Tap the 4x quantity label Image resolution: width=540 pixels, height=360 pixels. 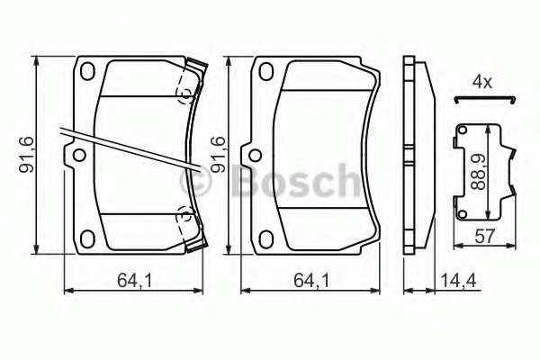click(482, 83)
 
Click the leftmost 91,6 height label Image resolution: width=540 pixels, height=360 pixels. click(28, 154)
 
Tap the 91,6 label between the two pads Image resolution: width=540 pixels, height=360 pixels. click(217, 154)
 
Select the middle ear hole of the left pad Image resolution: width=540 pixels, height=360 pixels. click(78, 156)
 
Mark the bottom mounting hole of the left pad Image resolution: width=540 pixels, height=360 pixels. click(88, 238)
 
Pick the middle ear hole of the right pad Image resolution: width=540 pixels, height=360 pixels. click(257, 156)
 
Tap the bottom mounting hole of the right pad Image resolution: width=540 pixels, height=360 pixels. click(267, 238)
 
